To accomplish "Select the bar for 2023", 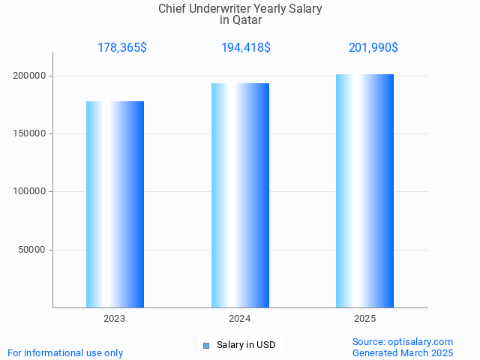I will (115, 204).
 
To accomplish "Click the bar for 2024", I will (240, 195).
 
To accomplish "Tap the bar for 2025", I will (364, 190).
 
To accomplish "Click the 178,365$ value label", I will (122, 48).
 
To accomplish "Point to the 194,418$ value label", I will (246, 48).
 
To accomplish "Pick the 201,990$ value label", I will (373, 48).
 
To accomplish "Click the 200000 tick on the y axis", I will (31, 76).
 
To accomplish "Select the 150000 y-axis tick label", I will (31, 133).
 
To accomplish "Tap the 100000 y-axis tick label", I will (31, 191).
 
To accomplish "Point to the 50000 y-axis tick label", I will (34, 250).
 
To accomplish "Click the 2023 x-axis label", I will (115, 319).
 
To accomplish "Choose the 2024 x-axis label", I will (240, 319).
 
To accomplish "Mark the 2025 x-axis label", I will (364, 319).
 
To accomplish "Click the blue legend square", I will (205, 345).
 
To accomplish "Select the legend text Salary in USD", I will (246, 345).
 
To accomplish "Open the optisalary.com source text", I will (403, 341).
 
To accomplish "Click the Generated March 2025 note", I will (403, 352).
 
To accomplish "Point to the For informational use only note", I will (65, 352).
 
